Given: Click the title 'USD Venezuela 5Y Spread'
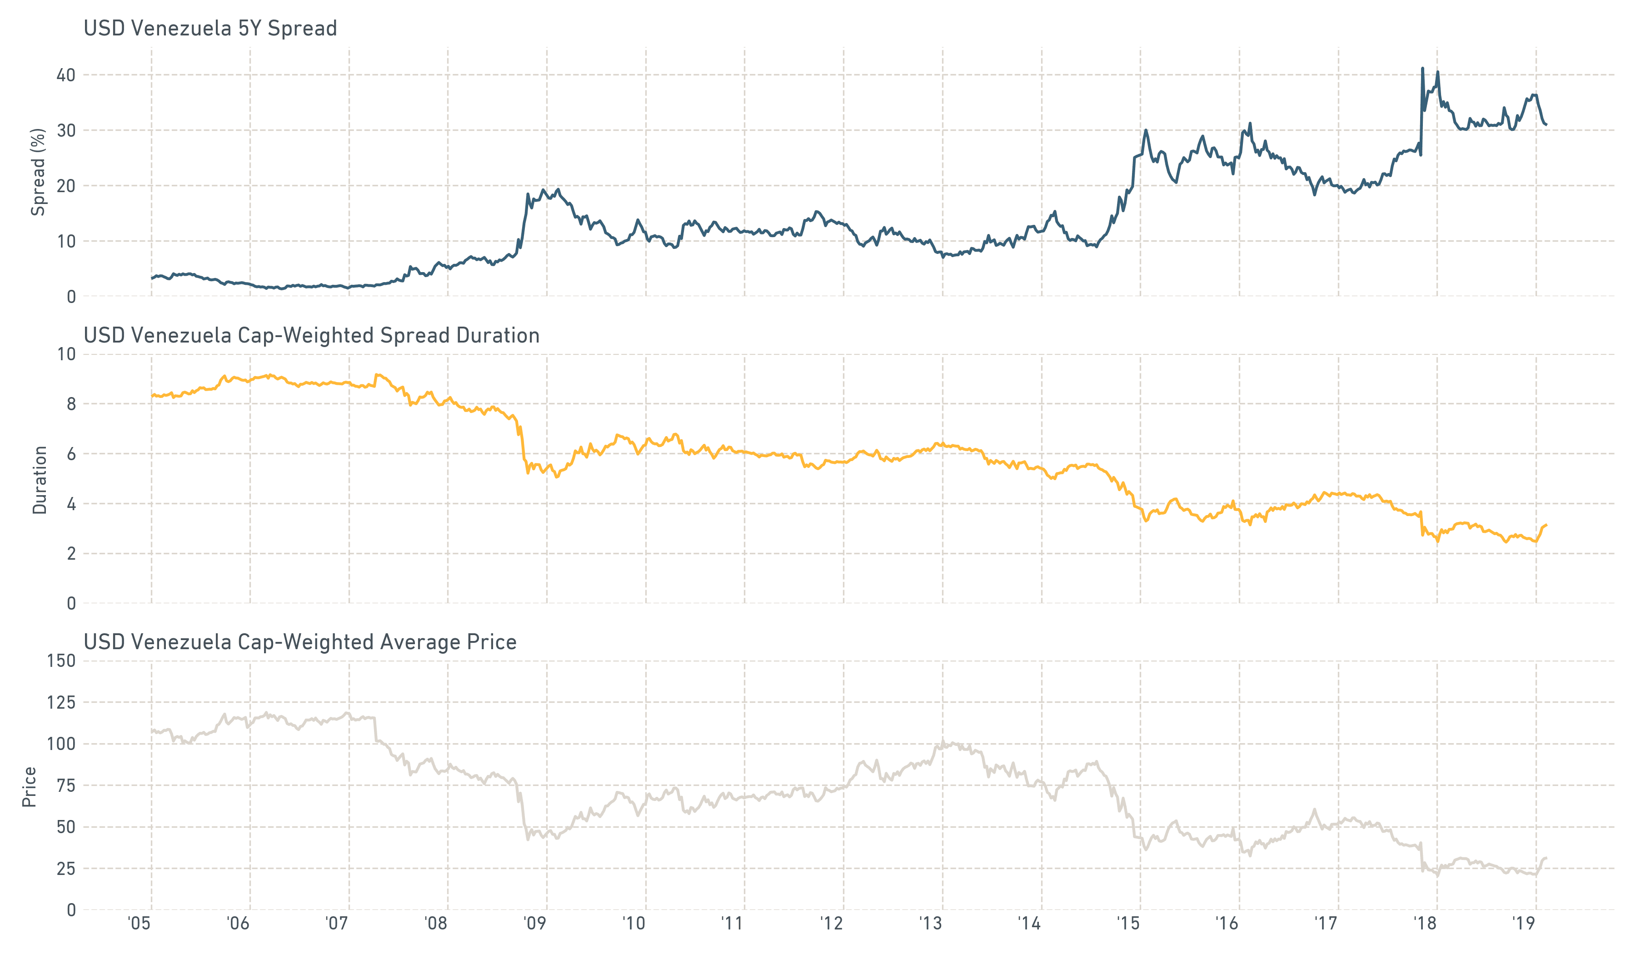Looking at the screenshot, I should tap(210, 29).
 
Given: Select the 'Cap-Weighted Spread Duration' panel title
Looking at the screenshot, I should tap(312, 336).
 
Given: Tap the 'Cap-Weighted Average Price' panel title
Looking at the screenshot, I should tap(300, 642).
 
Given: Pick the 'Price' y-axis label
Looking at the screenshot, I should tap(29, 786).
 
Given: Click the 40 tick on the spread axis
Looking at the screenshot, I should tap(65, 75).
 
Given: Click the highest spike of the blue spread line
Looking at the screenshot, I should tap(1422, 68).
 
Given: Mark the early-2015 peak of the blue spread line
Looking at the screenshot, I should tap(1146, 130).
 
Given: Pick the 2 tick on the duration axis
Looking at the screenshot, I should tap(71, 554).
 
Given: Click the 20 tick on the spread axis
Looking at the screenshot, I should tap(65, 186).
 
